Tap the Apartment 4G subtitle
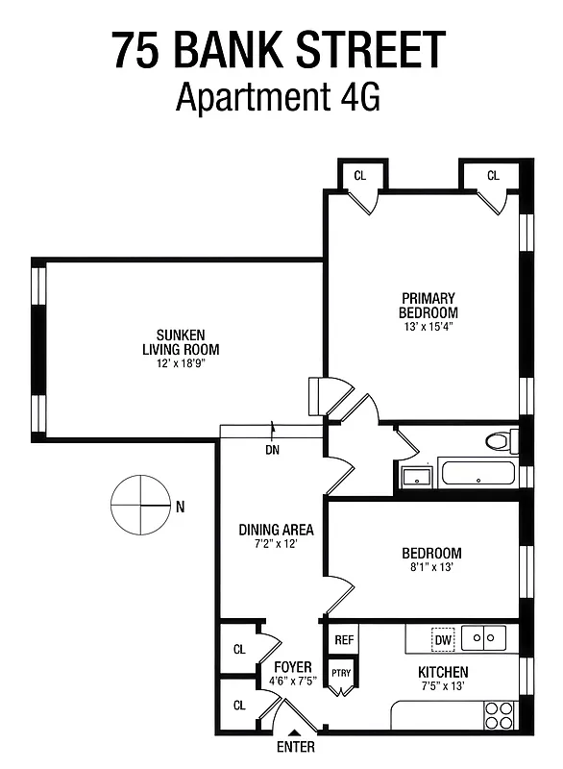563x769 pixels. click(280, 97)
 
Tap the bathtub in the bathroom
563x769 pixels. click(477, 474)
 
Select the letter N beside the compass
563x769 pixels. click(180, 506)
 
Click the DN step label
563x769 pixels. click(272, 448)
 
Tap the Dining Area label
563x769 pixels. click(276, 530)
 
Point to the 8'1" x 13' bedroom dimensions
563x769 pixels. click(430, 567)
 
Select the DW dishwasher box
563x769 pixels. click(443, 639)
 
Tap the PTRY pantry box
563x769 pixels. click(342, 673)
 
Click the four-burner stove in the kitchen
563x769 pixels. click(500, 714)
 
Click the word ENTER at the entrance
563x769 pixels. click(294, 745)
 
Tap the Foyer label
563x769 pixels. click(293, 666)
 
